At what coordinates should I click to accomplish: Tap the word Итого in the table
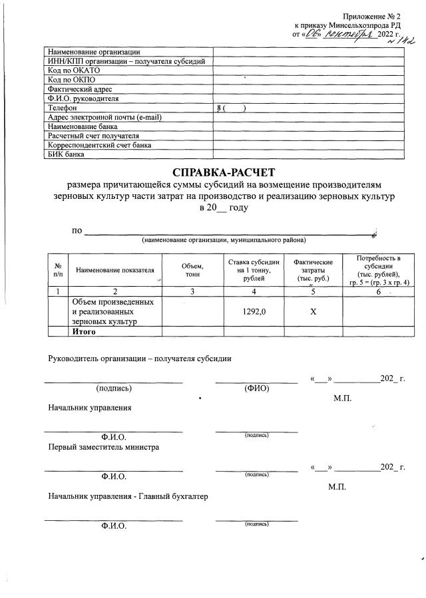click(85, 331)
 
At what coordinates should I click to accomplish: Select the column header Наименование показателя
click(114, 270)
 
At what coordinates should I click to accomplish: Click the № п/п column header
click(58, 269)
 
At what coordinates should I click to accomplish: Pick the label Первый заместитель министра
click(103, 448)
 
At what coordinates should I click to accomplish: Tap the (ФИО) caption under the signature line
click(256, 388)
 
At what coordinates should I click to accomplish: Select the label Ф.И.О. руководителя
click(83, 98)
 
